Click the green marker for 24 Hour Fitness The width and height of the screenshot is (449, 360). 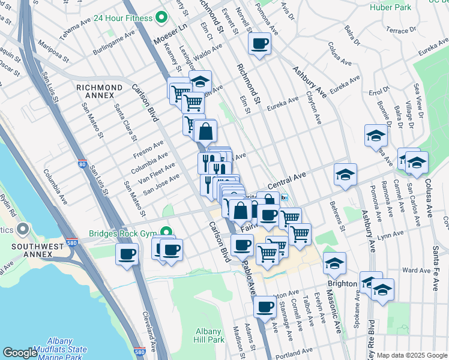coord(160,17)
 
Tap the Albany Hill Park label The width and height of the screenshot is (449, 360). coord(209,335)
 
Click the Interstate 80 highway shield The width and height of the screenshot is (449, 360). coord(82,163)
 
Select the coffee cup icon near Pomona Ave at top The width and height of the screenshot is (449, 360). coord(259,44)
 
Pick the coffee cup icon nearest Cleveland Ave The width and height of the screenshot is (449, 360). coord(127,254)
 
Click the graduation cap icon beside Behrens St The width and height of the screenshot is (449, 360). coord(345,175)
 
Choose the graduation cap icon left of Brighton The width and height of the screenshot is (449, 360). coord(334,262)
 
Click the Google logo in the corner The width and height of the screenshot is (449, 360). coord(20,353)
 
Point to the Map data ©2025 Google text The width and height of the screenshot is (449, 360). coord(411,355)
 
